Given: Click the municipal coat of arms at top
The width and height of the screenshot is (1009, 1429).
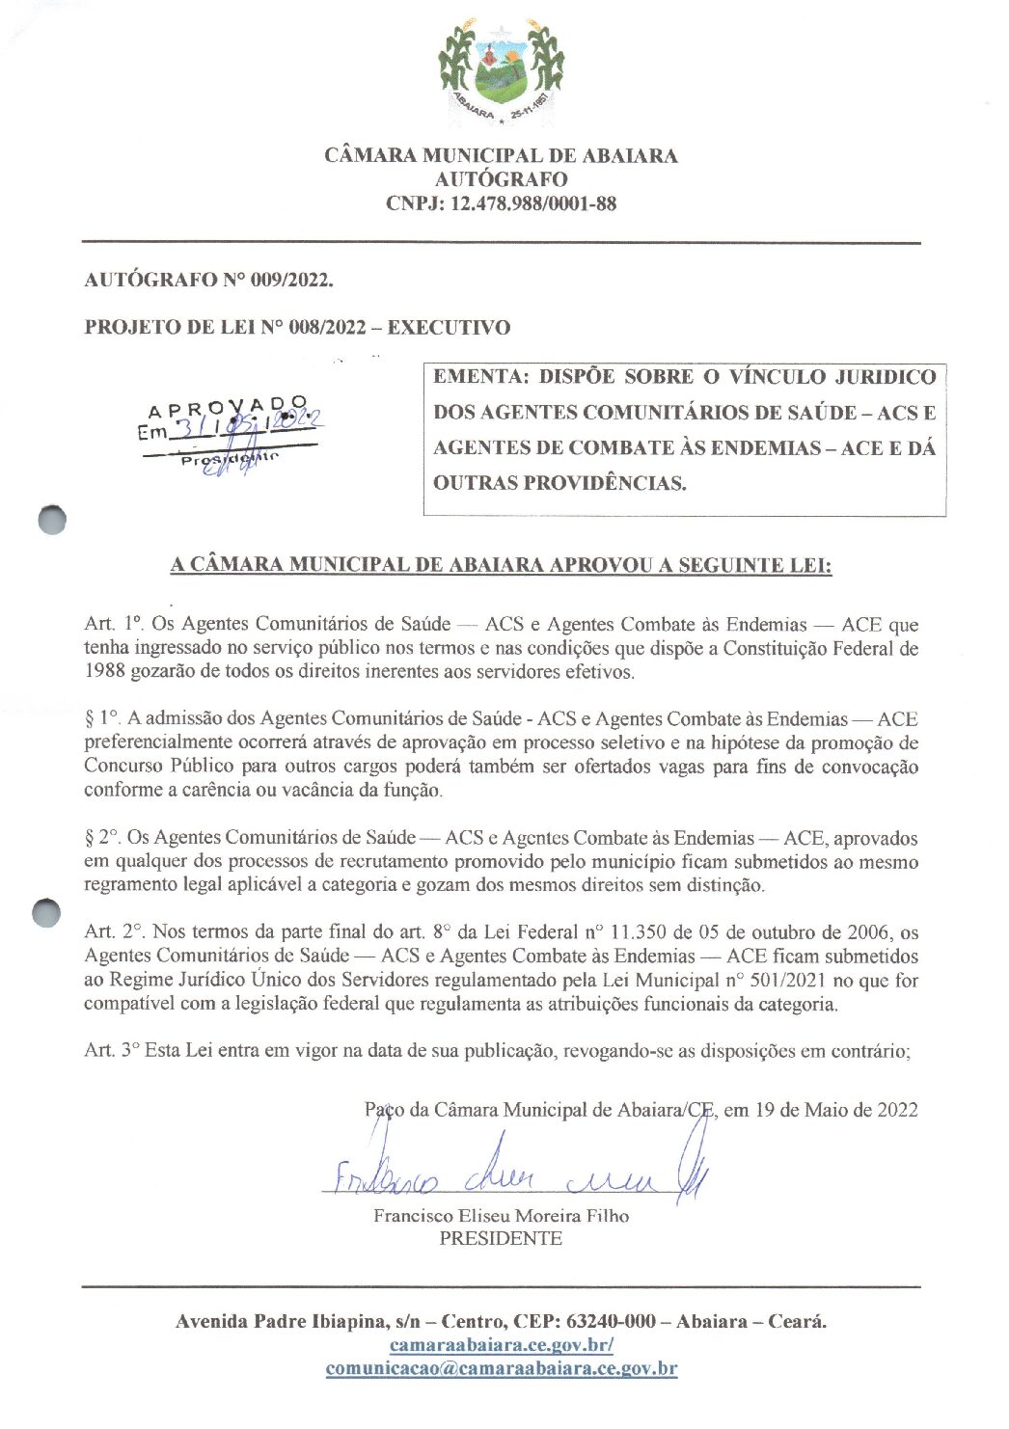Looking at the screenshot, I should (501, 72).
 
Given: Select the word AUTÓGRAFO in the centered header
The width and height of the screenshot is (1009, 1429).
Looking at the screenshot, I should (501, 179).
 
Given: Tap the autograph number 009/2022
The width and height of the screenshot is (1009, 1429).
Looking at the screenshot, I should (291, 281).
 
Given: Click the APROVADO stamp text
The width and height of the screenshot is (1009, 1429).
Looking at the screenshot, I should (228, 405).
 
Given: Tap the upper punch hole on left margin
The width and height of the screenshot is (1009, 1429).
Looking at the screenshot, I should (53, 520).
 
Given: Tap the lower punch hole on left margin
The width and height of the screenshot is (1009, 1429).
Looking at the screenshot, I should (46, 913).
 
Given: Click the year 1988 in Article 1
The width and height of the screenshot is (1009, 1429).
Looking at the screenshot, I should (104, 672).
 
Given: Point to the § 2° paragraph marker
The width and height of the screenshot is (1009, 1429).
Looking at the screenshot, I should (101, 838).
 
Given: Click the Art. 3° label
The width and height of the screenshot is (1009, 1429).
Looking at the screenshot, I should (112, 1051).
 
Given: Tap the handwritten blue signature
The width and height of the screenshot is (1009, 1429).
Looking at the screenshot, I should (511, 1173).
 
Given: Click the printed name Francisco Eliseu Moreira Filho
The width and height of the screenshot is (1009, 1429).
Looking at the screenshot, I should (501, 1217).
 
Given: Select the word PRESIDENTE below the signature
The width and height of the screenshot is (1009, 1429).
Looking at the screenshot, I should (501, 1239).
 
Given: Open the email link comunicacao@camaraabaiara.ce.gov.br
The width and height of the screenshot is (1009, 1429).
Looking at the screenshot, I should (501, 1368).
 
